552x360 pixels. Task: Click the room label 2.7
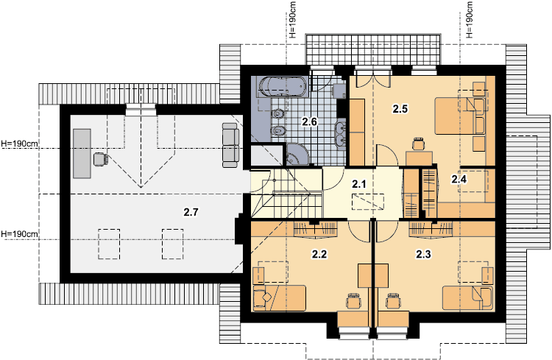(x=191, y=212)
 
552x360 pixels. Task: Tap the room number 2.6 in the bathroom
(x=309, y=122)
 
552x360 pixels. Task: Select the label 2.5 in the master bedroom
(x=400, y=109)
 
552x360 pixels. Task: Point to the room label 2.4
(x=459, y=180)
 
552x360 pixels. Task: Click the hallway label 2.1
(x=359, y=184)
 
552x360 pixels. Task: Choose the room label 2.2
(x=319, y=254)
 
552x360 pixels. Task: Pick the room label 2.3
(x=423, y=254)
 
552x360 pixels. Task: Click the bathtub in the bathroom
(x=281, y=86)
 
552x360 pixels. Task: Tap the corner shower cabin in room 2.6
(x=297, y=155)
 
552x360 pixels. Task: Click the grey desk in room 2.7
(x=82, y=153)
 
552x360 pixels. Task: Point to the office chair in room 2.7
(x=100, y=159)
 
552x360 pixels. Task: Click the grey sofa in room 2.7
(x=230, y=145)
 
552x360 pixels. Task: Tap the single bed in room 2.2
(x=279, y=298)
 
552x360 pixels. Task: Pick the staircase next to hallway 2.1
(x=286, y=193)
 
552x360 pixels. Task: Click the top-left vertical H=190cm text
(x=292, y=19)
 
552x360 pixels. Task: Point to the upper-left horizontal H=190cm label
(x=19, y=144)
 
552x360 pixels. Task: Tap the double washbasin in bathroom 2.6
(x=341, y=133)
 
